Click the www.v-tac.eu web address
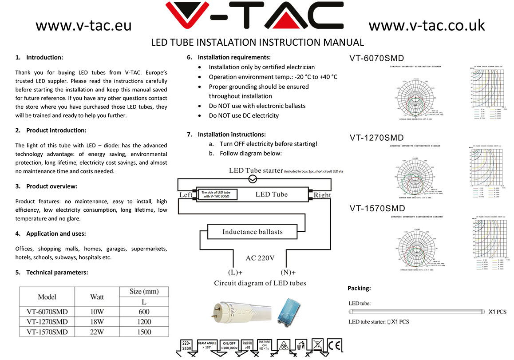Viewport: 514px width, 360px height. coord(83,26)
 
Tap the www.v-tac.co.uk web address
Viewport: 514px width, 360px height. coord(427,26)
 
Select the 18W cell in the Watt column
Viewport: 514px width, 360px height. coord(97,321)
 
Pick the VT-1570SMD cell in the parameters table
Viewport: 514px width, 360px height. coord(47,332)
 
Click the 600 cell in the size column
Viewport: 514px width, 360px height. coord(144,312)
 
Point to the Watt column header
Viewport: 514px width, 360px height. coord(97,297)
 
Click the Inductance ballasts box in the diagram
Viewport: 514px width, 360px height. coord(252,232)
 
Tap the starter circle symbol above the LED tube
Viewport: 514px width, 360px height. coord(253,179)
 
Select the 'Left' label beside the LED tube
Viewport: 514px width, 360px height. coord(186,195)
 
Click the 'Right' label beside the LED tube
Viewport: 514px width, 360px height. coord(322,195)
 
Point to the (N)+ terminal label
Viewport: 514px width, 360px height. coord(288,272)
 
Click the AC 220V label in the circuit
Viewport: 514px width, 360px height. coord(260,258)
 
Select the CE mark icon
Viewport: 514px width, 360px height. coord(333,345)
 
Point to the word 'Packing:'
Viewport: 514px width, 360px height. coord(359,288)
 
